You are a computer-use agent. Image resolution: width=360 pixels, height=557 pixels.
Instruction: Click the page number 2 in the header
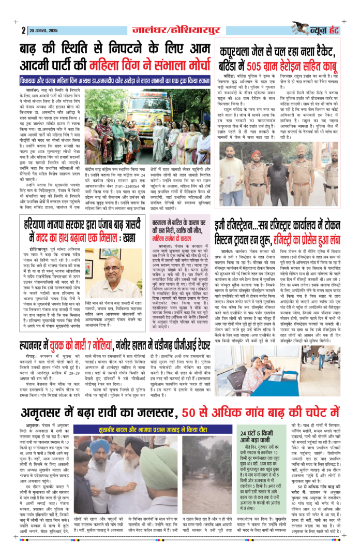(x=24, y=30)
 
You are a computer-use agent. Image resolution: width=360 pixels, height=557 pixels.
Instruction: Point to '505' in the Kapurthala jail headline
(x=272, y=66)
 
